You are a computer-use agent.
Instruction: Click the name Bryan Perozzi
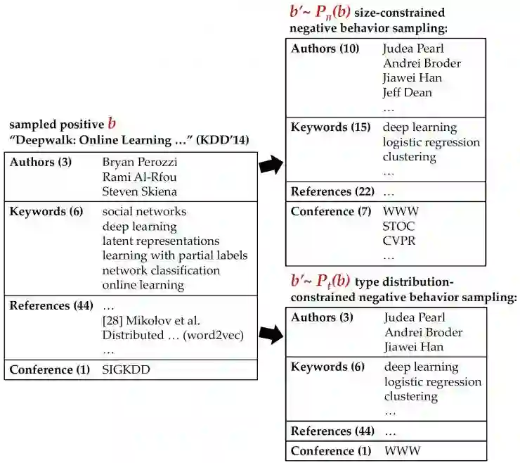coord(138,163)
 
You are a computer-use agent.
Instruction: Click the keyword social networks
coord(144,212)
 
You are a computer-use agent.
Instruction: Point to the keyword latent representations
coord(160,241)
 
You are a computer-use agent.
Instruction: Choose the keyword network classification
coord(161,270)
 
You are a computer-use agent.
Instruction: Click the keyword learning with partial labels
coord(174,255)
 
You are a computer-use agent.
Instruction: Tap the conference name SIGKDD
coord(126,369)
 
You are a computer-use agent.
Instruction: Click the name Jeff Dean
coord(408,92)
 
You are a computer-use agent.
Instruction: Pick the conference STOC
coord(399,226)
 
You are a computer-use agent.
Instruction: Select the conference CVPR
coord(399,241)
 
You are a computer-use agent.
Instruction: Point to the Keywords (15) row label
coord(330,127)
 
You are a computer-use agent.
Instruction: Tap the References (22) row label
coord(332,191)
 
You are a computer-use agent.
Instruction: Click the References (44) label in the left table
coord(51,306)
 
